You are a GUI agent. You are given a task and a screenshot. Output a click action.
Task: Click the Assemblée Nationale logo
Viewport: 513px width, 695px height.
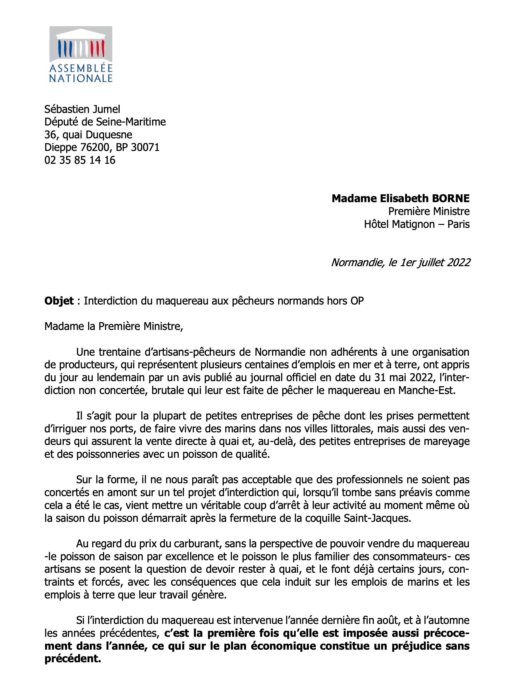coord(81,54)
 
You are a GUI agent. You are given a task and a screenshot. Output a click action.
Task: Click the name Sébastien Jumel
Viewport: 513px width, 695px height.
coord(82,109)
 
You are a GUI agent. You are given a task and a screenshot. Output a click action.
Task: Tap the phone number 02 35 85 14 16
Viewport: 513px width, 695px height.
coord(80,160)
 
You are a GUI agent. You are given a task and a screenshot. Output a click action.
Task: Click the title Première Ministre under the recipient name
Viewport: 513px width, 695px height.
coord(429,211)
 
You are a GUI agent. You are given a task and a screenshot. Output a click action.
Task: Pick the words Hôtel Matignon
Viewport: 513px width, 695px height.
coord(399,224)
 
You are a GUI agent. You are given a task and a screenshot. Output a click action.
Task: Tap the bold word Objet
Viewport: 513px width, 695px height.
coord(59,301)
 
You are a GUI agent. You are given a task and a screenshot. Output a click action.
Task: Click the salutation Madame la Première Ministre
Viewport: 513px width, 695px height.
coord(114,326)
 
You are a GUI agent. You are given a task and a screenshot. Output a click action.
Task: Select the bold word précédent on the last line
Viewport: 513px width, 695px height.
coord(73,659)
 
